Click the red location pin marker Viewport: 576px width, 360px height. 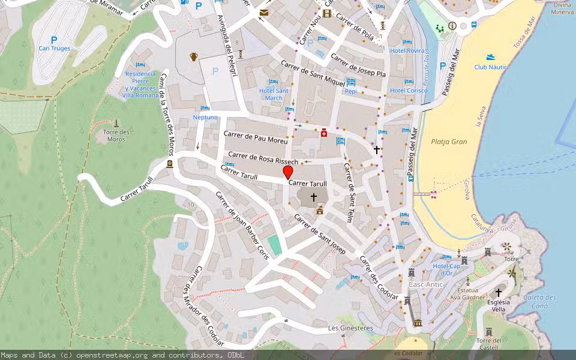click(x=288, y=172)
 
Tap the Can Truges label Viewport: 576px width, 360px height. click(x=54, y=49)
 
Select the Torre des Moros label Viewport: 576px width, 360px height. click(x=116, y=136)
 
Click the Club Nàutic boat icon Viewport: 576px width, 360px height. click(x=491, y=57)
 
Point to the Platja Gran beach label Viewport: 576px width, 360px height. click(x=449, y=142)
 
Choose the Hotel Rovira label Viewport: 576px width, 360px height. click(x=407, y=51)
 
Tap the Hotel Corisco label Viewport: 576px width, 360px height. click(x=409, y=91)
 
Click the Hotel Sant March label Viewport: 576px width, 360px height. click(x=273, y=94)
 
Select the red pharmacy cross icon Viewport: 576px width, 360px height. click(x=324, y=133)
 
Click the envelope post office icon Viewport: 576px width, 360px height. click(x=263, y=12)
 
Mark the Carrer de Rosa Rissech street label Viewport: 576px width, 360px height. click(x=263, y=158)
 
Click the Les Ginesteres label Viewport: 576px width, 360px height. click(x=350, y=328)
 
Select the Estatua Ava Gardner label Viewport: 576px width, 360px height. click(x=467, y=294)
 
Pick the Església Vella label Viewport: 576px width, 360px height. click(x=498, y=305)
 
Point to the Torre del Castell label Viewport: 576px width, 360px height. click(x=488, y=344)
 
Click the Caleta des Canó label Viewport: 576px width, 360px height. click(x=539, y=301)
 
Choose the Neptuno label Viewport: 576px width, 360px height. click(x=205, y=118)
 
